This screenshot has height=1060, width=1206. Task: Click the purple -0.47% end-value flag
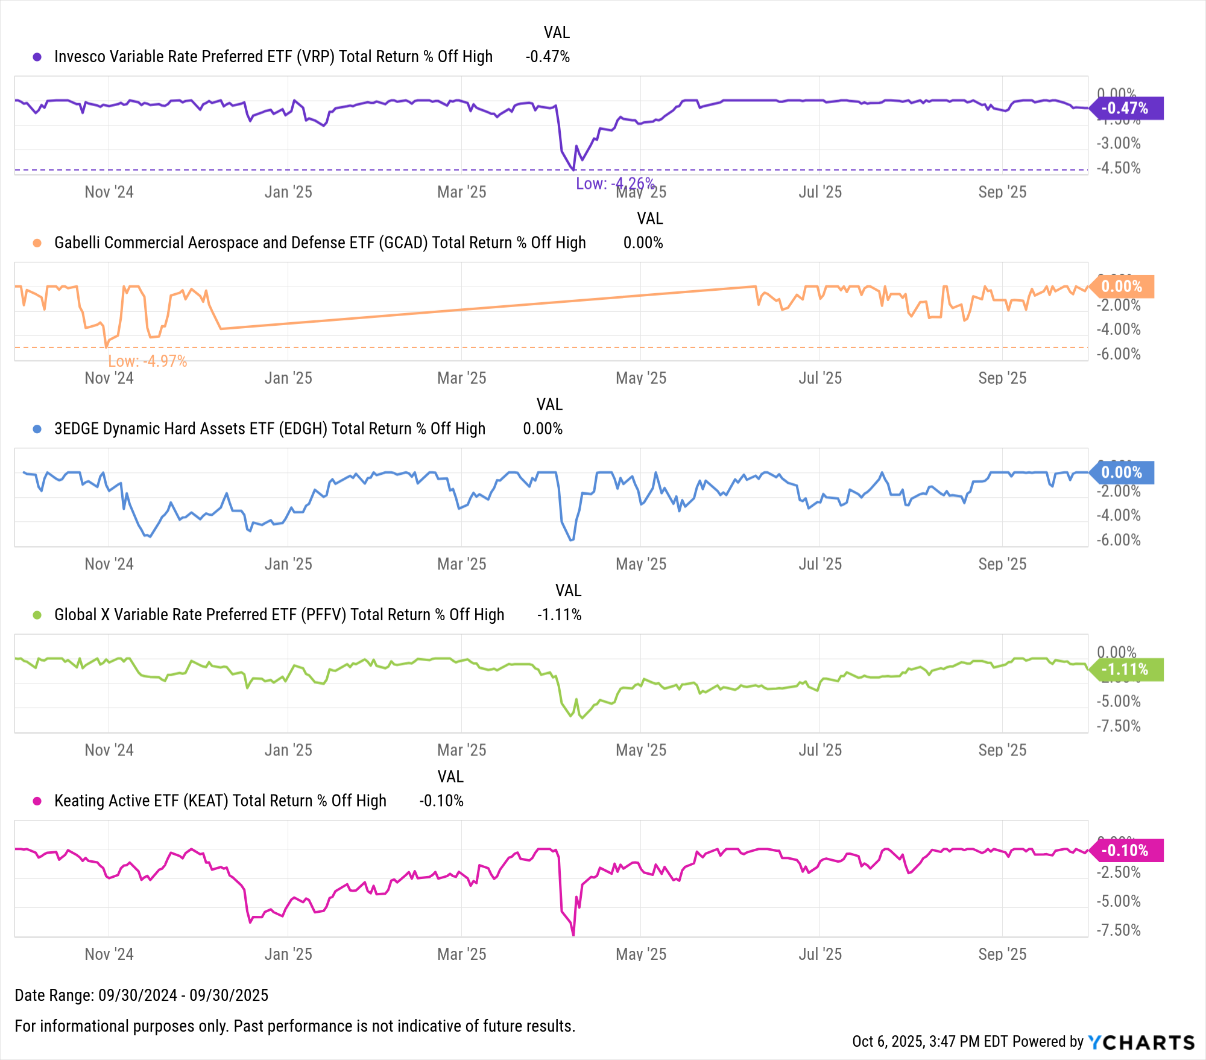tap(1125, 109)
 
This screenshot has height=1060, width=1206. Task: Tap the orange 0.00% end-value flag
tap(1122, 287)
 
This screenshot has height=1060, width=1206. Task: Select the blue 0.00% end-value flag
tap(1122, 472)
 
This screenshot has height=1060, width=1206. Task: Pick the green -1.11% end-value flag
tap(1125, 670)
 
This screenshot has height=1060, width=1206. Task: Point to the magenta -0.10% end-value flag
tap(1125, 851)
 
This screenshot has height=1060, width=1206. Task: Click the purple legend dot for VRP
tap(37, 57)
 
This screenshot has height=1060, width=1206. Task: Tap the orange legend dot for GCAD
tap(37, 243)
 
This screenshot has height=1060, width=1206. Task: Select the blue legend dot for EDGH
tap(37, 429)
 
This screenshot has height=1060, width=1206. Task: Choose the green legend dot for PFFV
tap(37, 615)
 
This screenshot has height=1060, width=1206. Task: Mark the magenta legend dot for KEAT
tap(37, 801)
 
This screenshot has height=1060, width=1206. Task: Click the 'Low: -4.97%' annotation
tap(148, 361)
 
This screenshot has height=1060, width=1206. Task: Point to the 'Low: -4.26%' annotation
tap(614, 183)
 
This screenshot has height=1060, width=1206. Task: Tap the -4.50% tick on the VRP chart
tap(1119, 168)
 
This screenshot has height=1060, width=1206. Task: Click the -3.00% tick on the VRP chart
tap(1119, 144)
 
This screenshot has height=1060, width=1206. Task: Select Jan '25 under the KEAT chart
tap(288, 954)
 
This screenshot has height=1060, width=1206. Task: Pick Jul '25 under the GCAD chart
tap(820, 378)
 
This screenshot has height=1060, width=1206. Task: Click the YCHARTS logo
tap(1141, 1042)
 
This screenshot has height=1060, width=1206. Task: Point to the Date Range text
tap(141, 995)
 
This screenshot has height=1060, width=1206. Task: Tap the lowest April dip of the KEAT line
tap(573, 935)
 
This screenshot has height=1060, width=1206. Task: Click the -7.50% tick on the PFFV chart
tap(1119, 726)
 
